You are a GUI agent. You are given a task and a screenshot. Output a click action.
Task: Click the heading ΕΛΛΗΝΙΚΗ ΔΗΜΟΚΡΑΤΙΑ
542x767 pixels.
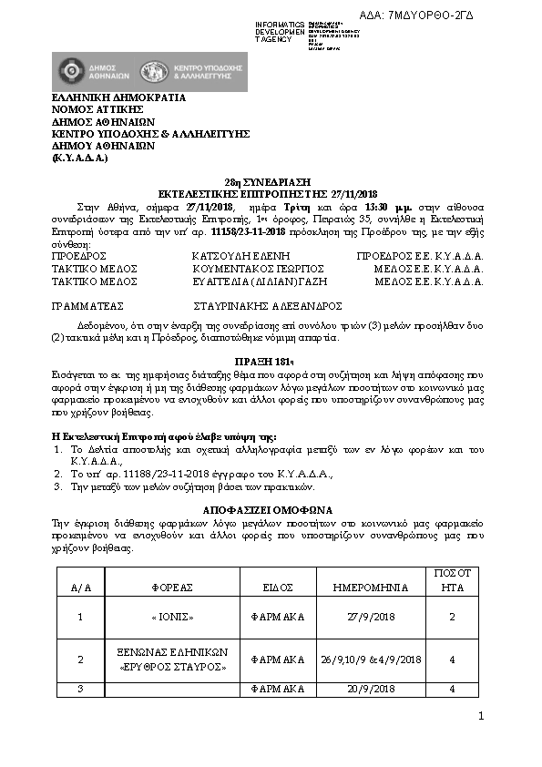[118, 97]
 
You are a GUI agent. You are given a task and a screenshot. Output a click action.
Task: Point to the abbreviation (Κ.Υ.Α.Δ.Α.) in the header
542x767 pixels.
[81, 158]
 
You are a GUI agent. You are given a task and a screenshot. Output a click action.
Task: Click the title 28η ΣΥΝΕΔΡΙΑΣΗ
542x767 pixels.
[271, 182]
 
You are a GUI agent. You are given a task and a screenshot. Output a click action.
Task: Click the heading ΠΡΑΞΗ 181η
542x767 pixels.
[271, 361]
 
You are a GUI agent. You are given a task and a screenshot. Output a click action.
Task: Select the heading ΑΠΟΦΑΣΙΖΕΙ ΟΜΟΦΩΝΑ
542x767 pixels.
[271, 509]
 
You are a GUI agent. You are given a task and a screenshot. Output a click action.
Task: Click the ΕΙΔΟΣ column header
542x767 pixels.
[277, 588]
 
